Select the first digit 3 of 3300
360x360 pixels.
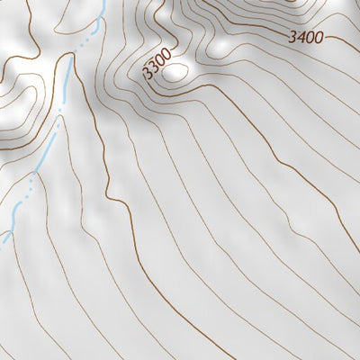coord(147,74)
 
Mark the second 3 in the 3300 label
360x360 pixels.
coord(152,69)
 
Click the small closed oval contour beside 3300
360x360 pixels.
coord(176,72)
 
